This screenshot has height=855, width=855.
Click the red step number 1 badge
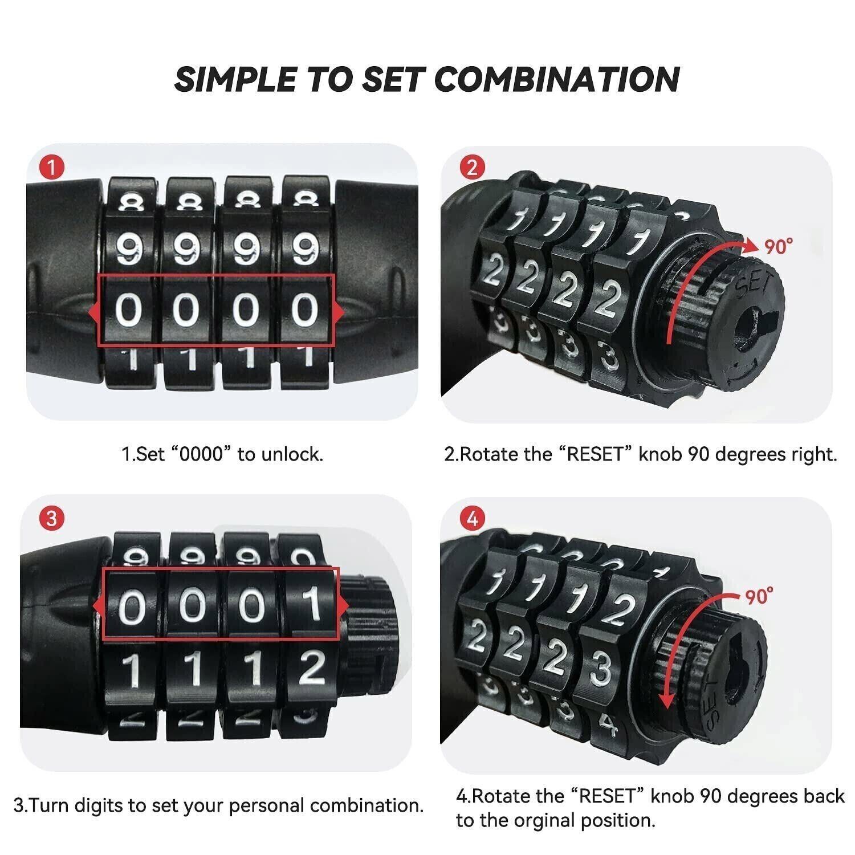tap(52, 168)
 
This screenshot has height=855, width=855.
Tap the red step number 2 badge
tap(472, 168)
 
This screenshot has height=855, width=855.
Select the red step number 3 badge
tap(52, 518)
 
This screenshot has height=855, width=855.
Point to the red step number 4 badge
tap(472, 518)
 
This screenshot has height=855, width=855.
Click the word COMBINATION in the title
tap(557, 79)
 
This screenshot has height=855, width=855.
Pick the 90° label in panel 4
tap(760, 596)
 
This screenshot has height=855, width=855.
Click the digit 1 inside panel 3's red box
tap(311, 604)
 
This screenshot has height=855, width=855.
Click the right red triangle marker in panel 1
tap(338, 311)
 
